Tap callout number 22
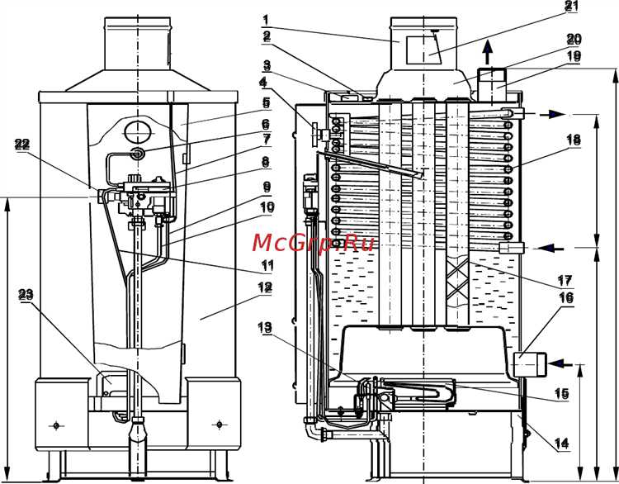tap(22, 145)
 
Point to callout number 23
tap(26, 294)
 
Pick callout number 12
tap(265, 287)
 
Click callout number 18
tap(574, 140)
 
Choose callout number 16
tap(566, 297)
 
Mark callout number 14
tap(562, 444)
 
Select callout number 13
tap(265, 327)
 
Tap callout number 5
tap(267, 102)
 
